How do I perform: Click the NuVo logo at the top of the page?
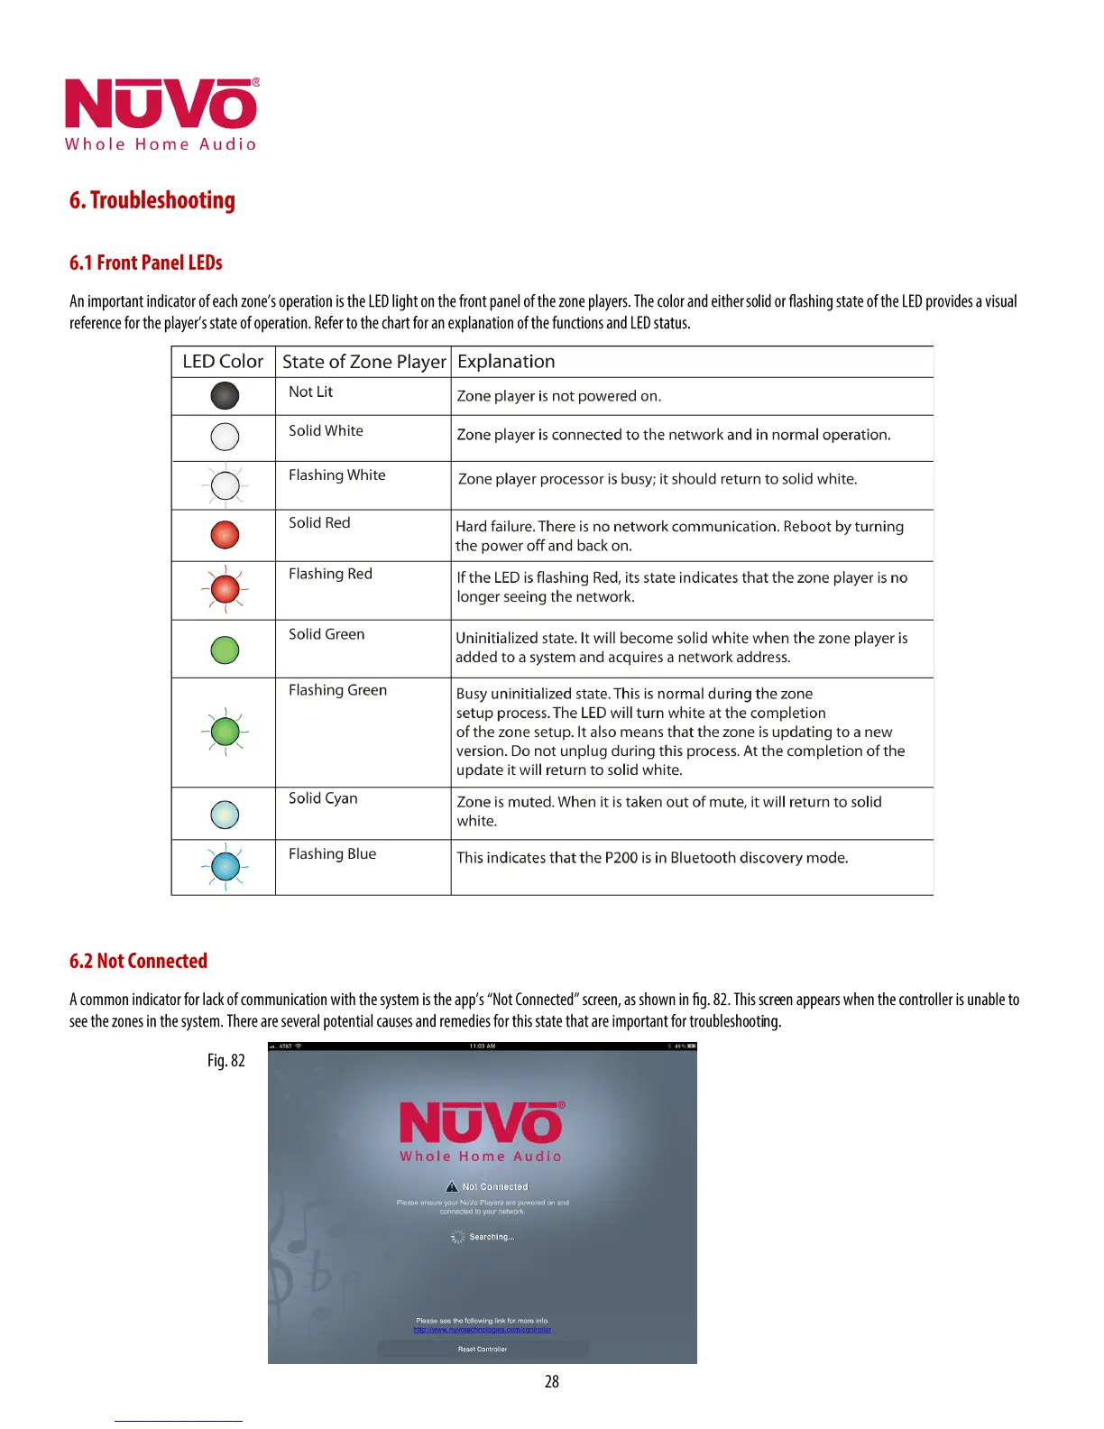coord(161,114)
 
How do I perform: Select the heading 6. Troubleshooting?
coord(152,200)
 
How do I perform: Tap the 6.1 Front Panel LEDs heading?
coord(145,263)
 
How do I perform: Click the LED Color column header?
coord(223,362)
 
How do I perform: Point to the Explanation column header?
coord(506,362)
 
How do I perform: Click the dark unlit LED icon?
coord(225,395)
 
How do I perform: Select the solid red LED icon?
coord(225,535)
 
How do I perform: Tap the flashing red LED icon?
coord(225,590)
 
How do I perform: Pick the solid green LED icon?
coord(225,650)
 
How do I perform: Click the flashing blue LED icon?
coord(225,867)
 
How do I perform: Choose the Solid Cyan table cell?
coord(323,798)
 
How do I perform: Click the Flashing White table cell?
coord(336,475)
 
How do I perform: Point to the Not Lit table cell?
coord(310,392)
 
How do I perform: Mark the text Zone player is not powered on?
coord(558,396)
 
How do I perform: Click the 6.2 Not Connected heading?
coord(138,961)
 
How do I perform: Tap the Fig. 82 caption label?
coord(225,1060)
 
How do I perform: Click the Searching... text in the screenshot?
coord(491,1237)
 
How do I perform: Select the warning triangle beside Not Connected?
coord(452,1186)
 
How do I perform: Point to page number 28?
coord(552,1381)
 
